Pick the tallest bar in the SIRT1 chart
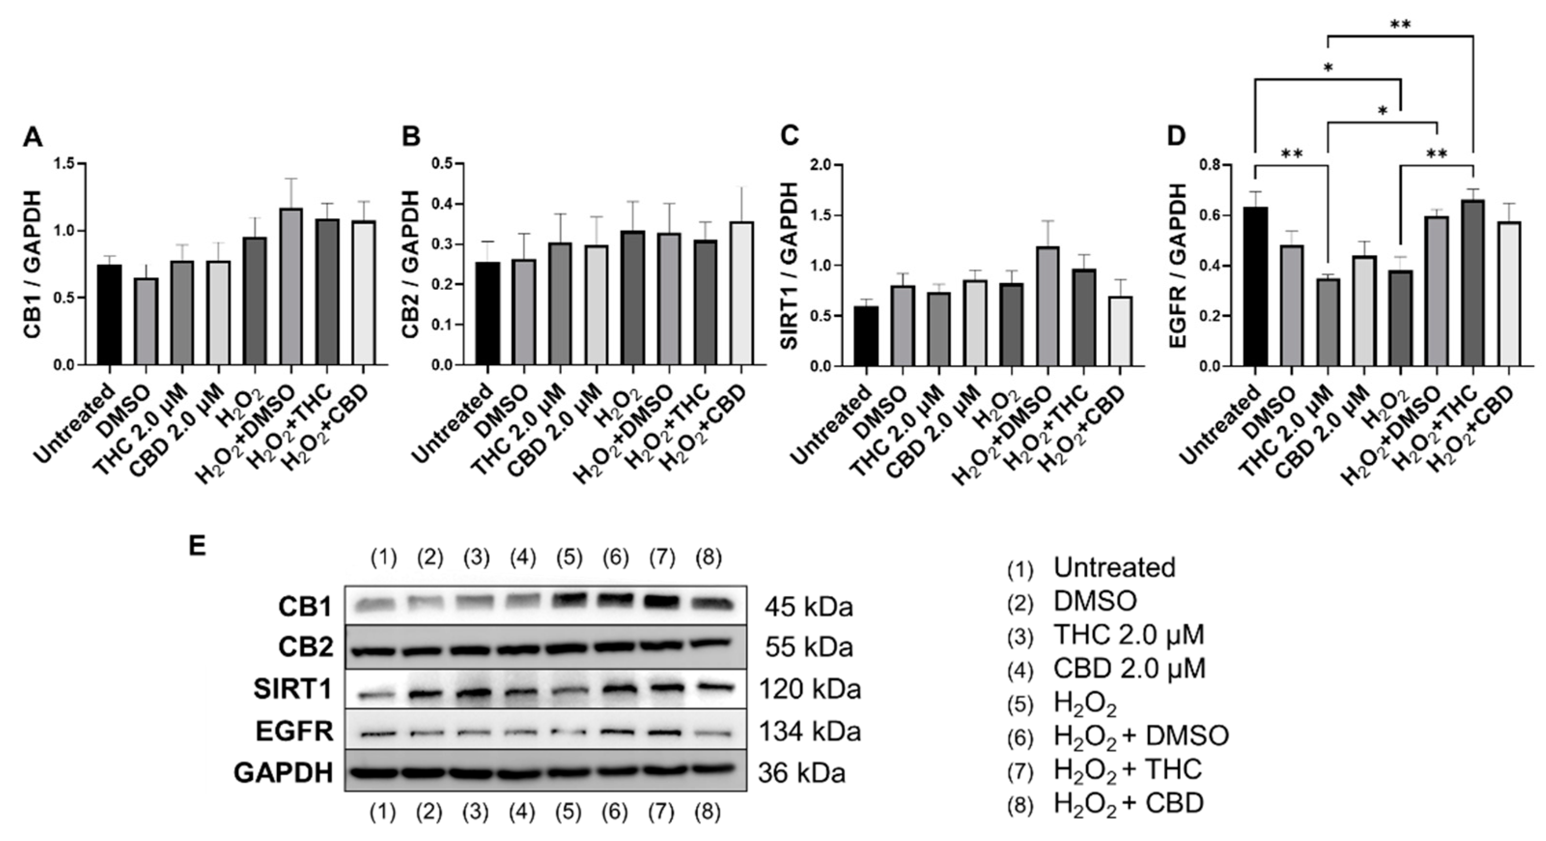click(1047, 306)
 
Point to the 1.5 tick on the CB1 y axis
click(66, 164)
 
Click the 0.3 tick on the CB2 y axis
click(444, 244)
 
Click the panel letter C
click(789, 137)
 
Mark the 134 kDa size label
click(810, 732)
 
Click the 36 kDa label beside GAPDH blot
click(802, 773)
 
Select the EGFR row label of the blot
click(294, 732)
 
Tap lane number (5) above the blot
click(569, 558)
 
